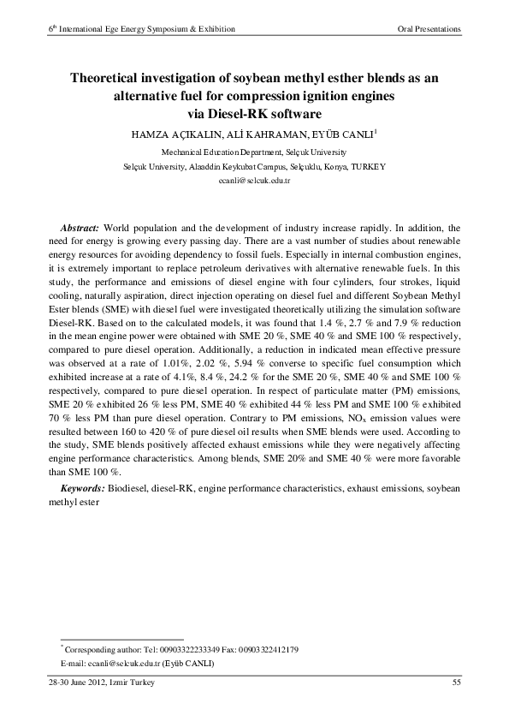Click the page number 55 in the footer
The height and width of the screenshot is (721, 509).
[457, 682]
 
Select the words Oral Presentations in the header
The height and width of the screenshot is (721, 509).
[430, 28]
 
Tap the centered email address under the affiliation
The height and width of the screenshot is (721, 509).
[254, 182]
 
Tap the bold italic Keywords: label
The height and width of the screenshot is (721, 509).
[83, 487]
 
